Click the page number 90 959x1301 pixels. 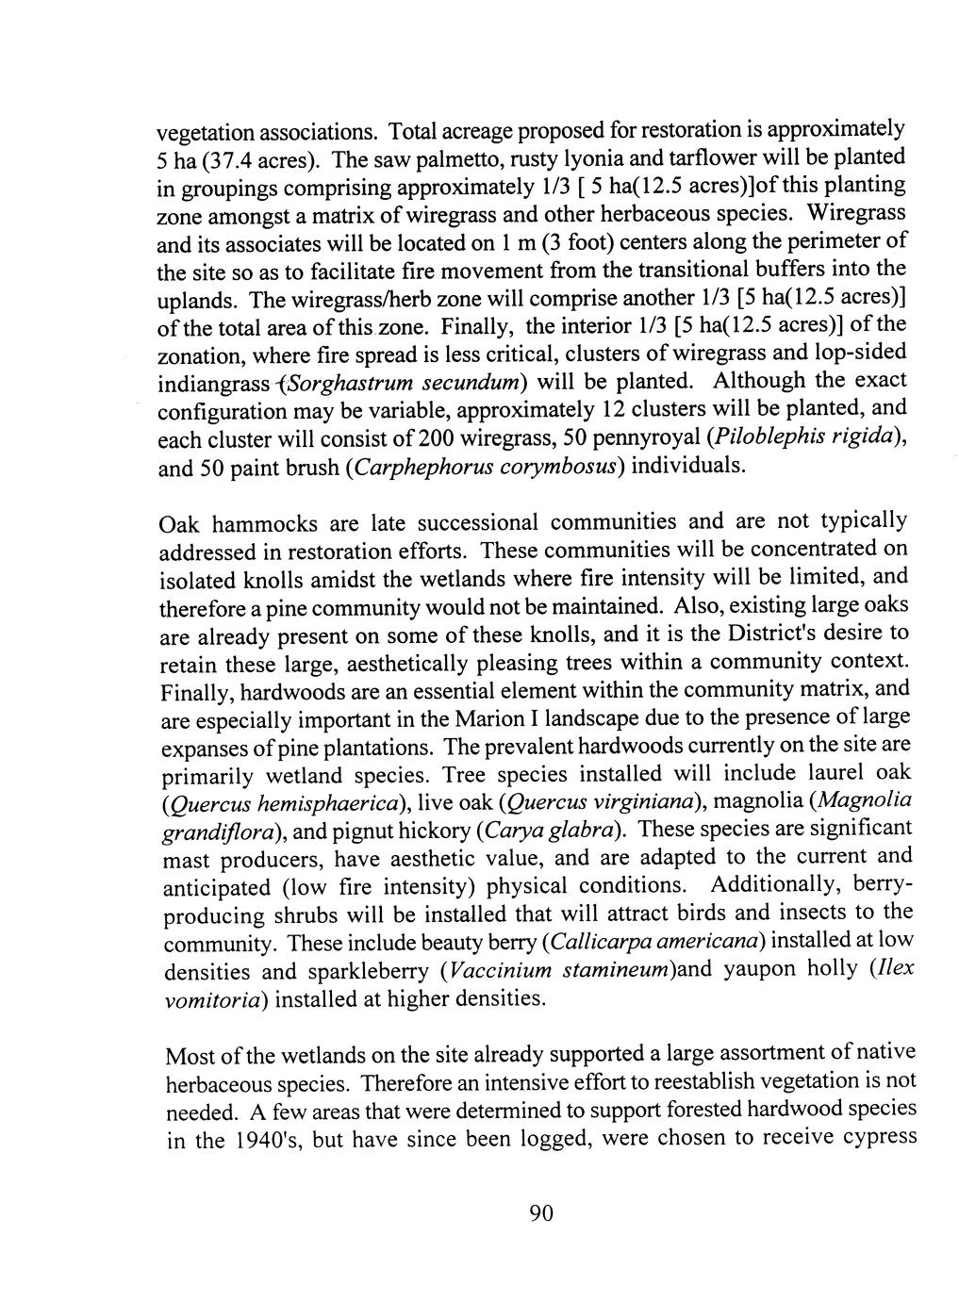coord(539,1213)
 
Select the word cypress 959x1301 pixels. coord(879,1138)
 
